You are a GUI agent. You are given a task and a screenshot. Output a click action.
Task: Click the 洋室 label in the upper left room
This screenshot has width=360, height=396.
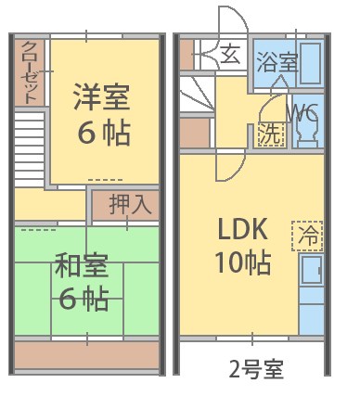(x=102, y=96)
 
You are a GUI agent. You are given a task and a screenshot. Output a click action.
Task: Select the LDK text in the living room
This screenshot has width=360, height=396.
(x=243, y=228)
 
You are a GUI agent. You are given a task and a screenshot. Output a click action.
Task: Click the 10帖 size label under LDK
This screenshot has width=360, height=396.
(x=243, y=262)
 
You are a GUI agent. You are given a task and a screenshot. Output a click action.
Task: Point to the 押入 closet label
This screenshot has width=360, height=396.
(x=130, y=204)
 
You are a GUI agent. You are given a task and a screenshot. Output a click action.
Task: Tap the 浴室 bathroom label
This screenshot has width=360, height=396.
(x=276, y=63)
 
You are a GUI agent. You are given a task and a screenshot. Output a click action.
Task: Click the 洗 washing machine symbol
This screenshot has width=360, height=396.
(x=269, y=134)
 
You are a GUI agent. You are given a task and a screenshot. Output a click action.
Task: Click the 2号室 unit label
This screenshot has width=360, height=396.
(x=255, y=367)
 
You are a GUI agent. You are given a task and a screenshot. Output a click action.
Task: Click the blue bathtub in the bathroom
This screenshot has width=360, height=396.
(x=312, y=62)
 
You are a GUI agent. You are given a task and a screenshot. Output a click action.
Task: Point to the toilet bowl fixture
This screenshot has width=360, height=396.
(x=306, y=134)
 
